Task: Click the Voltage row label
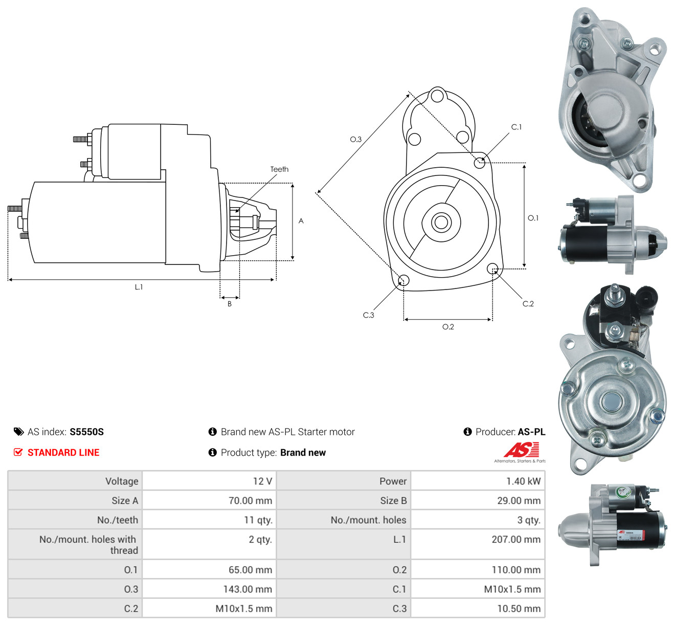click(122, 481)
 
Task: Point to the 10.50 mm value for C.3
click(519, 609)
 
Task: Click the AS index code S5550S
click(87, 432)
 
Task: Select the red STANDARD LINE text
click(63, 453)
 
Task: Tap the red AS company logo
click(521, 450)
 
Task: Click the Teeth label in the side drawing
click(279, 169)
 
